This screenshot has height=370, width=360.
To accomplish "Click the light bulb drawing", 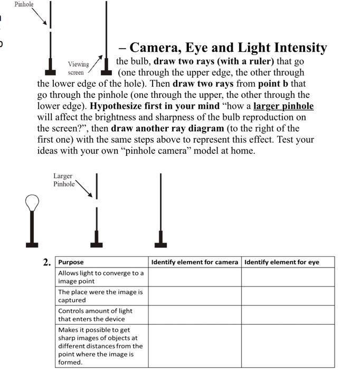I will (32, 203).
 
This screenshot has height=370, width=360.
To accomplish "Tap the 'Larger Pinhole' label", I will (63, 180).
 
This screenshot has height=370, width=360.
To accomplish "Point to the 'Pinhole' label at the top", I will (24, 4).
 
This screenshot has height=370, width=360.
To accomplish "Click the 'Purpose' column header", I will (71, 262).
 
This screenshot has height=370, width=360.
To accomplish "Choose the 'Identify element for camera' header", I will (194, 262).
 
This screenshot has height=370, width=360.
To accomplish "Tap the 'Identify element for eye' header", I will (281, 262).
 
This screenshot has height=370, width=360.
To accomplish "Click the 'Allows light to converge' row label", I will (100, 277).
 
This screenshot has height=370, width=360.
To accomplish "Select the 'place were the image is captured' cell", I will (100, 296).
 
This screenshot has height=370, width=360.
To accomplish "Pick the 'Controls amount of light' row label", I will (95, 315).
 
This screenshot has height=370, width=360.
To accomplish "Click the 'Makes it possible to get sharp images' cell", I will (100, 346).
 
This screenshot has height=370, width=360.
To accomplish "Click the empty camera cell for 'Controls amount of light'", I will (194, 315).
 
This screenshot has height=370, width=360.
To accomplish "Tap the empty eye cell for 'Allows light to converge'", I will (288, 277).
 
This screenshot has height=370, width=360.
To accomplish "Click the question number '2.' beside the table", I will (48, 262).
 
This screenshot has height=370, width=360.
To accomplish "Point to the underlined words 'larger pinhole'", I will (283, 106).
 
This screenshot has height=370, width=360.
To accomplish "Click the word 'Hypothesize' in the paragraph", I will (117, 106).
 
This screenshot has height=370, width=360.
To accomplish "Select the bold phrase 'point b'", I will (276, 84).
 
